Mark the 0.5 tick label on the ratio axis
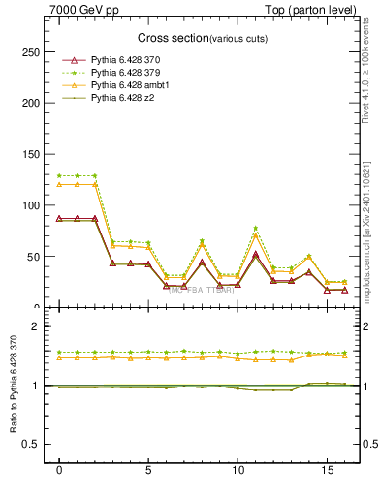click(32, 445)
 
